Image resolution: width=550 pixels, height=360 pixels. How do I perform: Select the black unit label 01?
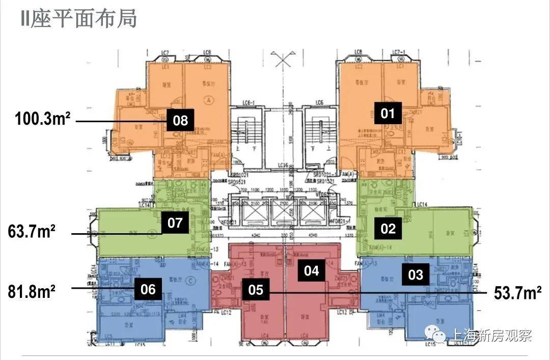(388, 113)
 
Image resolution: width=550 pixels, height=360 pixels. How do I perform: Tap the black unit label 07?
(175, 223)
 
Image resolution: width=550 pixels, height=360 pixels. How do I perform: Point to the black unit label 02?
(388, 228)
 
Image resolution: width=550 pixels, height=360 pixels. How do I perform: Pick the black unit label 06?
(148, 289)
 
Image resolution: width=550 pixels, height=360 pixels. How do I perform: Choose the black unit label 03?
(416, 274)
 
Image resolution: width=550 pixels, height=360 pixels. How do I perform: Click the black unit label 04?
(311, 270)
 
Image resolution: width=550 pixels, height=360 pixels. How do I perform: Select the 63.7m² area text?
(32, 232)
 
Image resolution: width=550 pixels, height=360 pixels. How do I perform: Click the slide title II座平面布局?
(78, 19)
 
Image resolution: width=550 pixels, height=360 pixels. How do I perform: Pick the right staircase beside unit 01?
(319, 135)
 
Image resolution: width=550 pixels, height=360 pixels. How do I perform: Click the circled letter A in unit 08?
(208, 100)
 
